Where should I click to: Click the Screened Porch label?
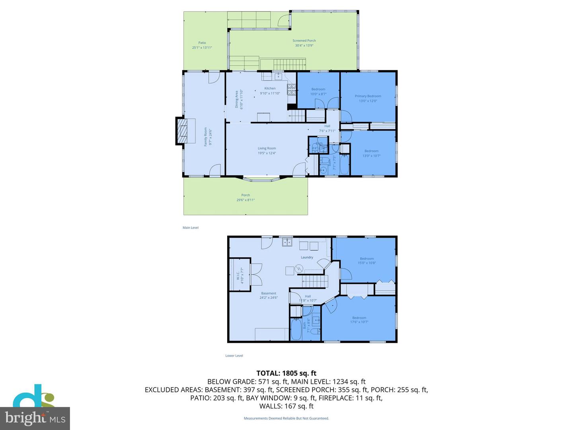(x=304, y=41)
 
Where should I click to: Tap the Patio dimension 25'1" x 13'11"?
(x=202, y=48)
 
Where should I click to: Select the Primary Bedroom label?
(x=368, y=96)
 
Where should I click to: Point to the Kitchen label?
(x=270, y=88)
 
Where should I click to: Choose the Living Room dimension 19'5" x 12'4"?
(x=267, y=153)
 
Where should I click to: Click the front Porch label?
(x=246, y=195)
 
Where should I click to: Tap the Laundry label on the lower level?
(x=307, y=257)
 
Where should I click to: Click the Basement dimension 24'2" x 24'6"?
(x=269, y=298)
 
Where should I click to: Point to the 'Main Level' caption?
(x=191, y=228)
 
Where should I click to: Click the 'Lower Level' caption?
(x=234, y=356)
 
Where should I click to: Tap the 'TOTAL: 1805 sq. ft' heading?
(x=286, y=373)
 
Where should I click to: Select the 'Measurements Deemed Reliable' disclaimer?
(x=286, y=418)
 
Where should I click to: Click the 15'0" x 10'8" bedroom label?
(x=366, y=261)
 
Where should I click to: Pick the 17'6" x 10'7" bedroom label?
(x=359, y=320)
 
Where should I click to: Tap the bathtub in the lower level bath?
(x=296, y=330)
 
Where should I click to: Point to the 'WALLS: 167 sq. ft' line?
(x=286, y=406)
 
